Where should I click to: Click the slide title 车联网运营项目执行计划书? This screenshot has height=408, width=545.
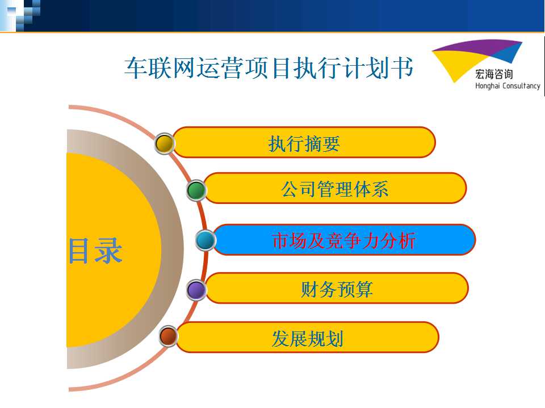(x=269, y=67)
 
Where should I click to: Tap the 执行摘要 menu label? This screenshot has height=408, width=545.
(x=304, y=143)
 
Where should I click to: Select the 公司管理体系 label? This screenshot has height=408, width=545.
(x=335, y=189)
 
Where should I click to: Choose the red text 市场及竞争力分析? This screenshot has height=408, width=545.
(x=344, y=240)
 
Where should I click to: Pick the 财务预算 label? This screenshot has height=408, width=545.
(x=337, y=289)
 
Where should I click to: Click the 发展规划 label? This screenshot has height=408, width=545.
(x=308, y=338)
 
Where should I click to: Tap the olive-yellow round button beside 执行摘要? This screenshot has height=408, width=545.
(x=165, y=143)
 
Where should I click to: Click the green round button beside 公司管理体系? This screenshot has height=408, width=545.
(x=196, y=190)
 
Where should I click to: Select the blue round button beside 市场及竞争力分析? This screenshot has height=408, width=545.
(x=206, y=240)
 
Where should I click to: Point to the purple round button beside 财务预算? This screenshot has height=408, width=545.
(x=196, y=290)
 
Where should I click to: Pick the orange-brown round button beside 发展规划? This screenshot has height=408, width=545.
(x=169, y=336)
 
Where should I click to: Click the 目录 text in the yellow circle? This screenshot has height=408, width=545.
(x=95, y=250)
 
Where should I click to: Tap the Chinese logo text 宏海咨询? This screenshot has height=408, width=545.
(x=494, y=74)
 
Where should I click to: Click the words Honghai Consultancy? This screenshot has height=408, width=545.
(x=508, y=86)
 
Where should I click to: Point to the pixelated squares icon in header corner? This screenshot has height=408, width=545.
(x=20, y=15)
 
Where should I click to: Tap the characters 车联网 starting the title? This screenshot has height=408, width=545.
(x=160, y=67)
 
